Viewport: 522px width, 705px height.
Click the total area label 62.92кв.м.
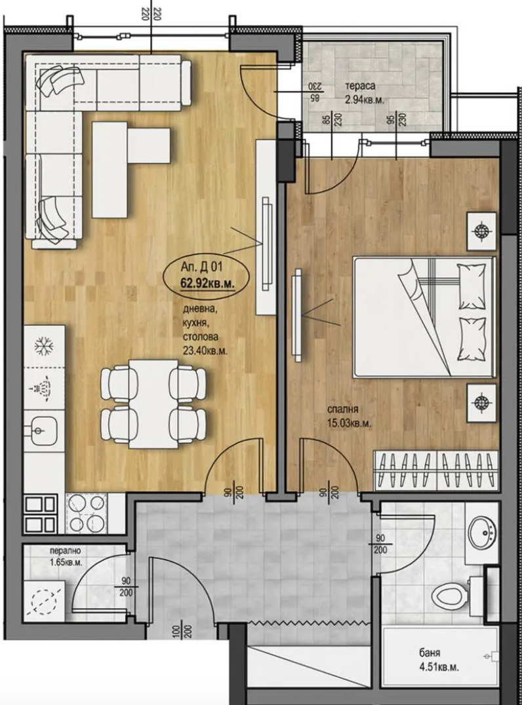[207, 284]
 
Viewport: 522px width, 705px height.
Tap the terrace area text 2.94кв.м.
[365, 100]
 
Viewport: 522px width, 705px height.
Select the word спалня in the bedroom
[343, 409]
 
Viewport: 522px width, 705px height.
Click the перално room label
[62, 551]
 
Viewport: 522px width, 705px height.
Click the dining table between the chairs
[152, 403]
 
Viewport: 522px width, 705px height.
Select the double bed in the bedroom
[424, 316]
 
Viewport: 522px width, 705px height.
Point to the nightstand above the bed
[482, 231]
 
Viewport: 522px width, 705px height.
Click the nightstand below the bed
[482, 402]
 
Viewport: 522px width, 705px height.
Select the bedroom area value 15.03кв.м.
[350, 423]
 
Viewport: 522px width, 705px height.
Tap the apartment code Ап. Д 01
[201, 267]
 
